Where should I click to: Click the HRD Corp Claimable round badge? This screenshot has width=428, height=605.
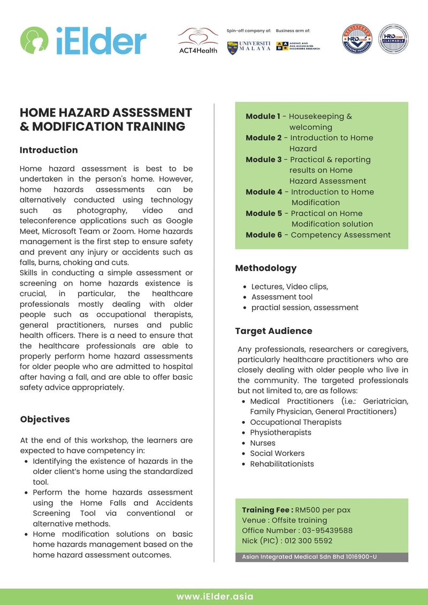tap(394, 39)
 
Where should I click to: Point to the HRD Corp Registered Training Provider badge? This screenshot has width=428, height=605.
tap(357, 39)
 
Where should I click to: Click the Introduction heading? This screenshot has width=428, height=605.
tap(49, 150)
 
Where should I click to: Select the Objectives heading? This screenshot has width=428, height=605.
tap(45, 419)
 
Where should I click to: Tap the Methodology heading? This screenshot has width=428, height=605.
tap(266, 268)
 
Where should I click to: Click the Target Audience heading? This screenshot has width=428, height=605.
tap(274, 331)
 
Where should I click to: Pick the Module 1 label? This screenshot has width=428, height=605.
tap(263, 117)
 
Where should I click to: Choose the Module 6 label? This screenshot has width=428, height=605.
tap(264, 235)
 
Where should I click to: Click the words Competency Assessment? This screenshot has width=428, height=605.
tap(341, 235)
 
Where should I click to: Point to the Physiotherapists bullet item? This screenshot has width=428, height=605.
tap(280, 432)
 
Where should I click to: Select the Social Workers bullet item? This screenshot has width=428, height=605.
tap(277, 453)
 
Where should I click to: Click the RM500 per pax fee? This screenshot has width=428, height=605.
tap(323, 510)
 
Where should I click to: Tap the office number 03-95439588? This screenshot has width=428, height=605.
tap(324, 531)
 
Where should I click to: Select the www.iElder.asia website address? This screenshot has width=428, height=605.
tap(215, 596)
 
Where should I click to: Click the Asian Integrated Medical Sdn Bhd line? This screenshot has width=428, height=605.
tap(309, 557)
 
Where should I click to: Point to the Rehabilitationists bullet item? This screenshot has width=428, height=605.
tap(282, 464)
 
